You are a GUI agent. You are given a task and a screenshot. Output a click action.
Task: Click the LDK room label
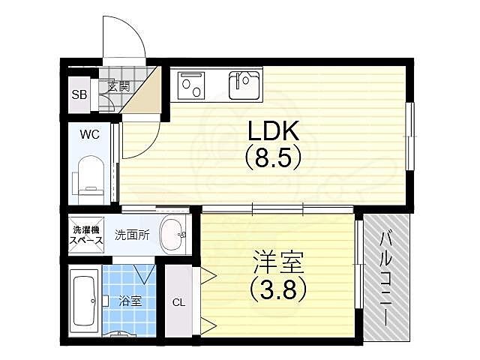(x=274, y=132)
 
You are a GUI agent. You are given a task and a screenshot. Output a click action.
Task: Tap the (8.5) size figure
(x=274, y=159)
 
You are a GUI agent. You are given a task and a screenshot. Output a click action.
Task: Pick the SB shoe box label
(x=79, y=95)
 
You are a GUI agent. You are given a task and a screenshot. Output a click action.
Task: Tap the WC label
(x=91, y=135)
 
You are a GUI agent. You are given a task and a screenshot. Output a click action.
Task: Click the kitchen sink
(x=244, y=85)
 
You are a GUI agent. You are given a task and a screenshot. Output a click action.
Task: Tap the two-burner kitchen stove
(x=191, y=85)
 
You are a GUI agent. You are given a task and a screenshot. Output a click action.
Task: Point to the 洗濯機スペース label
(x=87, y=235)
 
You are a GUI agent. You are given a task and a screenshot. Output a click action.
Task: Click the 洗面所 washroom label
(x=133, y=235)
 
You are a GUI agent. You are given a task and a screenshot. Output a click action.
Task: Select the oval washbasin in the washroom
(x=174, y=235)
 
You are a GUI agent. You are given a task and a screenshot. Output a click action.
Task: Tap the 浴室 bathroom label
(x=130, y=302)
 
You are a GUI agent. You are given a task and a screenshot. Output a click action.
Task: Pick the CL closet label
(x=178, y=302)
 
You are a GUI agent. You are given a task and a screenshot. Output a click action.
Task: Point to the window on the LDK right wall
(x=409, y=136)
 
